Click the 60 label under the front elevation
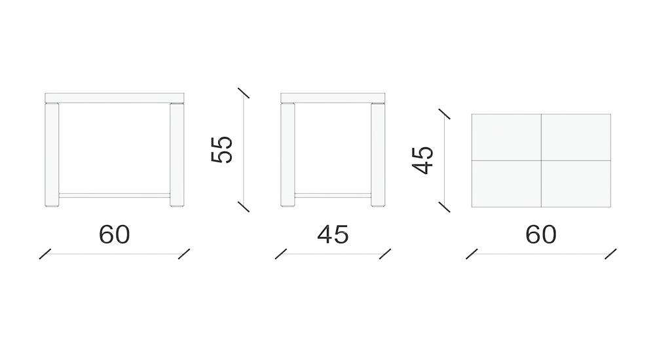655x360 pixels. click(x=115, y=234)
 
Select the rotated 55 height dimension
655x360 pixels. click(x=222, y=149)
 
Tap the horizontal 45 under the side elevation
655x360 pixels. click(x=333, y=234)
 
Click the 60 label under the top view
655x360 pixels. click(x=540, y=234)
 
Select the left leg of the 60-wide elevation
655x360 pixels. click(x=52, y=154)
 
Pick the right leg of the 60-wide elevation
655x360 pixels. click(x=177, y=154)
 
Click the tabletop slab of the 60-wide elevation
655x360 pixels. click(x=115, y=98)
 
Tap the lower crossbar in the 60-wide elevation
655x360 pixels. click(x=115, y=195)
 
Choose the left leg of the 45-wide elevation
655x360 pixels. click(x=288, y=154)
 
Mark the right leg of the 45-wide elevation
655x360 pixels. click(x=378, y=154)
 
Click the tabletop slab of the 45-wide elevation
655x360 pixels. click(x=333, y=98)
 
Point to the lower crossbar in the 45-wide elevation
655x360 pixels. click(x=333, y=195)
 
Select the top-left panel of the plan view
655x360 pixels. click(x=506, y=137)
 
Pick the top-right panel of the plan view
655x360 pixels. click(x=576, y=137)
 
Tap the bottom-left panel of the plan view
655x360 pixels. click(x=506, y=184)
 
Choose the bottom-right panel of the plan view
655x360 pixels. click(x=576, y=184)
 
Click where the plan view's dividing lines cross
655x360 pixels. click(x=541, y=160)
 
